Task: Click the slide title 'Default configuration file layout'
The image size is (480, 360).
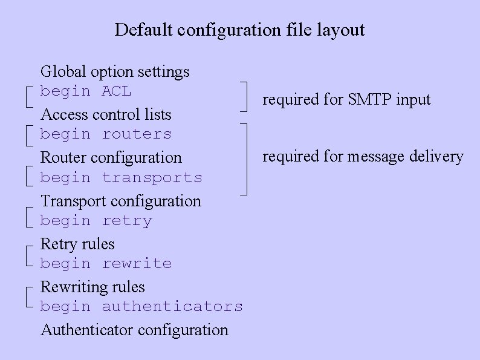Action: point(239,30)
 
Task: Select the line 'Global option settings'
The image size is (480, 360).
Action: point(115,71)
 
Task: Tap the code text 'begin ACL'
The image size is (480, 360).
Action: point(85,91)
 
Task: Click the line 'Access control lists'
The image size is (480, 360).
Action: point(106,114)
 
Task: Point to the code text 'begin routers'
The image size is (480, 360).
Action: point(106,134)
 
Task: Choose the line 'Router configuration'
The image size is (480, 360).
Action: point(111,157)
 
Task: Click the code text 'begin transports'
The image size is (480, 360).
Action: point(121,178)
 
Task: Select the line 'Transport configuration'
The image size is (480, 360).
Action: point(120,201)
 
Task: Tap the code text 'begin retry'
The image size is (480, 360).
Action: point(96,221)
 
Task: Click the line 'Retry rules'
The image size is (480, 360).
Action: point(77,244)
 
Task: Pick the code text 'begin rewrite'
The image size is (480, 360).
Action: point(106,264)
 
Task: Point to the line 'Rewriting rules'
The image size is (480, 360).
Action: point(92,287)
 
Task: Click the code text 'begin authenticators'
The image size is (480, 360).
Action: point(141,307)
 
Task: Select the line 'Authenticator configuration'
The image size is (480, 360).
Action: point(134,330)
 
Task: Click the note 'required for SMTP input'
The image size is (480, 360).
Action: point(346,99)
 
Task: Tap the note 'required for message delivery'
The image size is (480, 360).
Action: point(363,157)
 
